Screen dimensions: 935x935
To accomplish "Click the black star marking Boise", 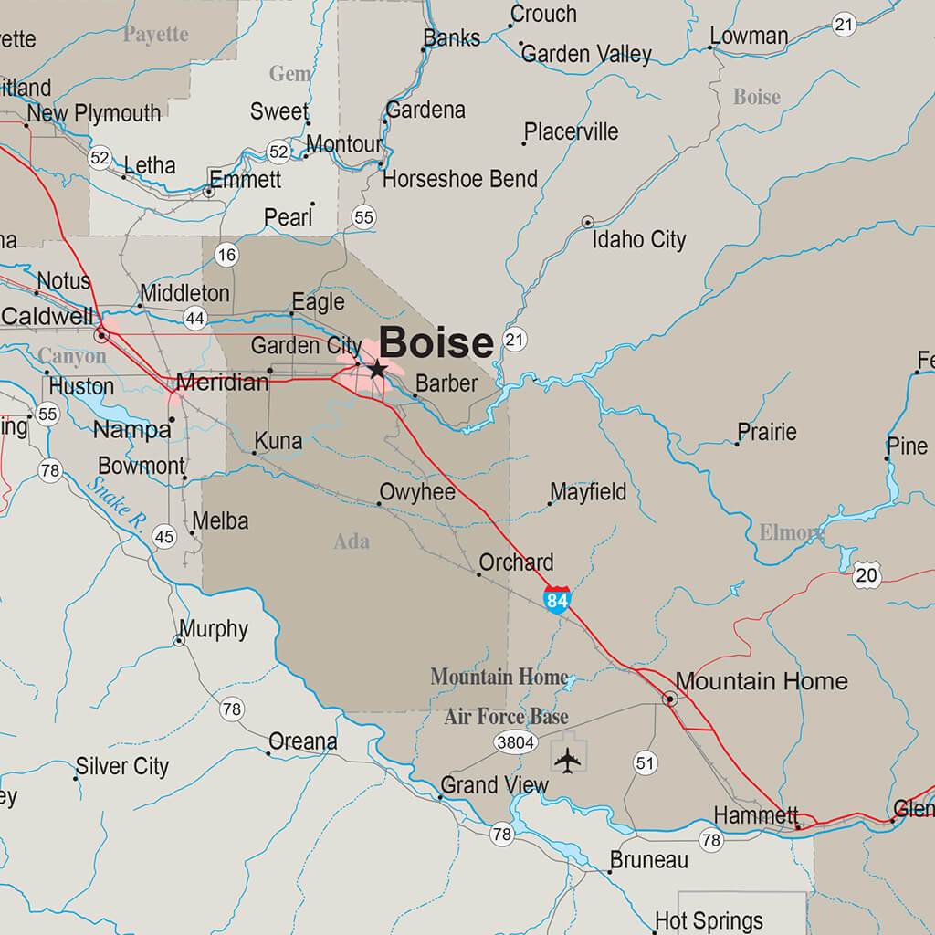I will [377, 369].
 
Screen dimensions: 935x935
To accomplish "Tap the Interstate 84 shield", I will [557, 600].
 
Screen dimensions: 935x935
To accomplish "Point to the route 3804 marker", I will [515, 742].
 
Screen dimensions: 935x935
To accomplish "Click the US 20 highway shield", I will [867, 574].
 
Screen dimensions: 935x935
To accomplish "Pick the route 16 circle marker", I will [226, 255].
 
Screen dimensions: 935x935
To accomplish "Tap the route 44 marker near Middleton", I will [194, 319].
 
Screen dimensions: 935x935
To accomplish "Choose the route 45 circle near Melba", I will [164, 536].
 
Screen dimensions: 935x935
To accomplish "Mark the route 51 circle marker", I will [646, 763].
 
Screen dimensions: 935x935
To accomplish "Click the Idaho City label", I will [639, 240].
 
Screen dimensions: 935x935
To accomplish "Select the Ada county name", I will [352, 541].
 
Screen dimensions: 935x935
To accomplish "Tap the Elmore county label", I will [790, 531].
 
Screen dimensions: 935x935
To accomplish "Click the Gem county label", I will [289, 73].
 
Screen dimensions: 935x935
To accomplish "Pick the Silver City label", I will [122, 766].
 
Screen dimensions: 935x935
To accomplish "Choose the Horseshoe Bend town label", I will [460, 179].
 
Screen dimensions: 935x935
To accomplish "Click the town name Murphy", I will [214, 628].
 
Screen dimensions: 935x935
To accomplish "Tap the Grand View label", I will [495, 785].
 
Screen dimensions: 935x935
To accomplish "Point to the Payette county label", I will [156, 35].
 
